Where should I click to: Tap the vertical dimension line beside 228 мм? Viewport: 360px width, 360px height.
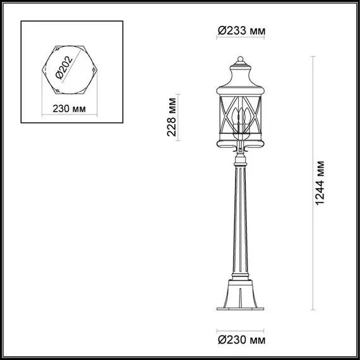click(181, 117)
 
